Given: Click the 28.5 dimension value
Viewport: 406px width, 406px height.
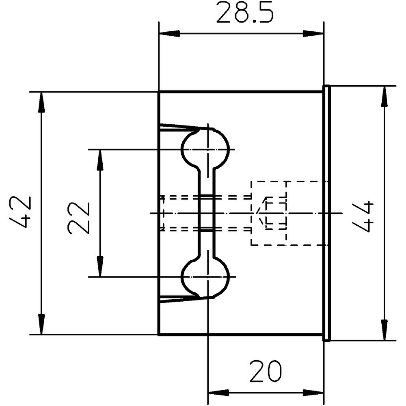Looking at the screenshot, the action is tap(245, 13).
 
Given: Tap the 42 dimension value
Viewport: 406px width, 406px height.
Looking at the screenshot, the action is tap(20, 212).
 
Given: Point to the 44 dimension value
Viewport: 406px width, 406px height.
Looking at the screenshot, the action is tap(363, 216).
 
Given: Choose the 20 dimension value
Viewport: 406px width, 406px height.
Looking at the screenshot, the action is tap(266, 371).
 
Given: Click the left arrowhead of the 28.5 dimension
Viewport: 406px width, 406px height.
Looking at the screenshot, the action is tap(170, 33).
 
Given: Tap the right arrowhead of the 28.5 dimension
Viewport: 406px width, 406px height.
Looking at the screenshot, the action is tap(313, 33).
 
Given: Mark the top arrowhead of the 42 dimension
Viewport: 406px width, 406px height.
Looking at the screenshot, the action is tap(41, 103).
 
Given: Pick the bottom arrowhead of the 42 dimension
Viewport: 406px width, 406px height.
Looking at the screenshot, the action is tap(41, 324).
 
